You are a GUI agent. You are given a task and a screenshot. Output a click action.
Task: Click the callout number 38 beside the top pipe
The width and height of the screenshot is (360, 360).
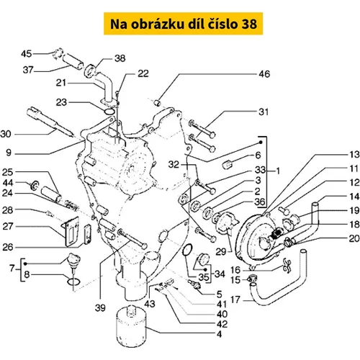click(120, 58)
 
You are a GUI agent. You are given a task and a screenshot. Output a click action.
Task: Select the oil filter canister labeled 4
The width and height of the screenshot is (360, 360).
click(131, 326)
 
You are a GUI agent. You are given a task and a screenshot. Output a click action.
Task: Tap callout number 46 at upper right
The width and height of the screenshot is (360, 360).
click(264, 74)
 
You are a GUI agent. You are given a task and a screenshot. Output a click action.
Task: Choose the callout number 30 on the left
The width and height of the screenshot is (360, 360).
click(6, 134)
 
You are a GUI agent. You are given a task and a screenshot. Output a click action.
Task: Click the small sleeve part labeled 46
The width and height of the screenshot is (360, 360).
click(157, 104)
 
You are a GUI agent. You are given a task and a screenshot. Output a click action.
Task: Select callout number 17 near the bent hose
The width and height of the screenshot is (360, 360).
click(235, 300)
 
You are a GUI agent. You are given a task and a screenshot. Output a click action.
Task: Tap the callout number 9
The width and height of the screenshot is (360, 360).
click(9, 153)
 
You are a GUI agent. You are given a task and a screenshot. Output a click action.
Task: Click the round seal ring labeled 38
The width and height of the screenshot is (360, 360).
click(90, 71)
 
